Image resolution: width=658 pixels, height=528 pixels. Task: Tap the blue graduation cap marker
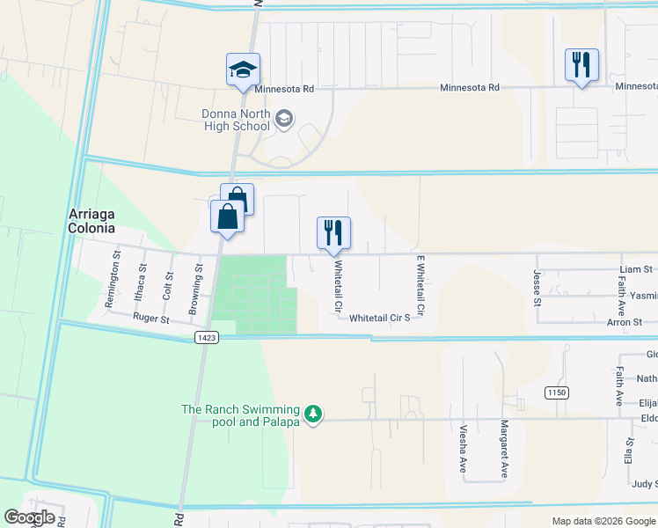pos(244,70)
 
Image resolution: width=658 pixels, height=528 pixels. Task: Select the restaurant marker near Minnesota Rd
pos(581,64)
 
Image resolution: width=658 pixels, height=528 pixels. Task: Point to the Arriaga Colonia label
pos(91,222)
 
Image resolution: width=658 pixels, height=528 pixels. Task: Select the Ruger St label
pos(150,319)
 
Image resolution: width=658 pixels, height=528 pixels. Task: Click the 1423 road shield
pos(207,338)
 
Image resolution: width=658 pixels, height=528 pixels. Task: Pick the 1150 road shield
pos(555,392)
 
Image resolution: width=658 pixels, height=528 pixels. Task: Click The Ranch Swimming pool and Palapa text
pos(241,415)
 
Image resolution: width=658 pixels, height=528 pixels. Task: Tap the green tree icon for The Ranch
pos(312,413)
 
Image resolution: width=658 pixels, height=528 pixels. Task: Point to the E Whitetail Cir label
pos(420,287)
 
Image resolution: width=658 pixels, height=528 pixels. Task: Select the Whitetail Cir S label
pos(379,317)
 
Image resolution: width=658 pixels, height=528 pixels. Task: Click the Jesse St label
pos(536,285)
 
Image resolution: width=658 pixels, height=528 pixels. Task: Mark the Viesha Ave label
pos(463,450)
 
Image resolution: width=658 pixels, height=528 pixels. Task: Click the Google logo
pos(29,517)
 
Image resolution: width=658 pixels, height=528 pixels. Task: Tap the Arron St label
pos(625,323)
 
